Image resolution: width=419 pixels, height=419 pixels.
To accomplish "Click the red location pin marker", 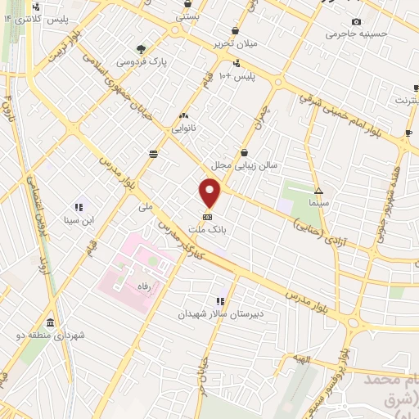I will (210, 194).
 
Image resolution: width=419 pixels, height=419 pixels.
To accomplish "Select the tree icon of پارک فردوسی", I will (142, 48).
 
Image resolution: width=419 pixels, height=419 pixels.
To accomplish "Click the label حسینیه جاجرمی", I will (355, 34).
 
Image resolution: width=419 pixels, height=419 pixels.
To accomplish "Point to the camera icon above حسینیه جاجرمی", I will (355, 21).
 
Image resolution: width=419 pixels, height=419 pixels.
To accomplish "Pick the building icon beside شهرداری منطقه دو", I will (51, 322).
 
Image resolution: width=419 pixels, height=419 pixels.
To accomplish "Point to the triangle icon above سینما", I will (319, 189).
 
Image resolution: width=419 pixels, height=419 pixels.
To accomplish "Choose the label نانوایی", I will (183, 129).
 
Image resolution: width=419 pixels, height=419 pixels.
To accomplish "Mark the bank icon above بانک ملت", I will (207, 218).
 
